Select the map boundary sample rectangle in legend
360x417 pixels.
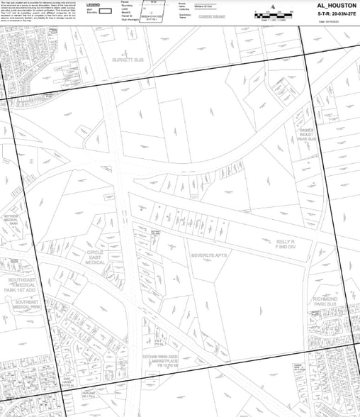point(105,11)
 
